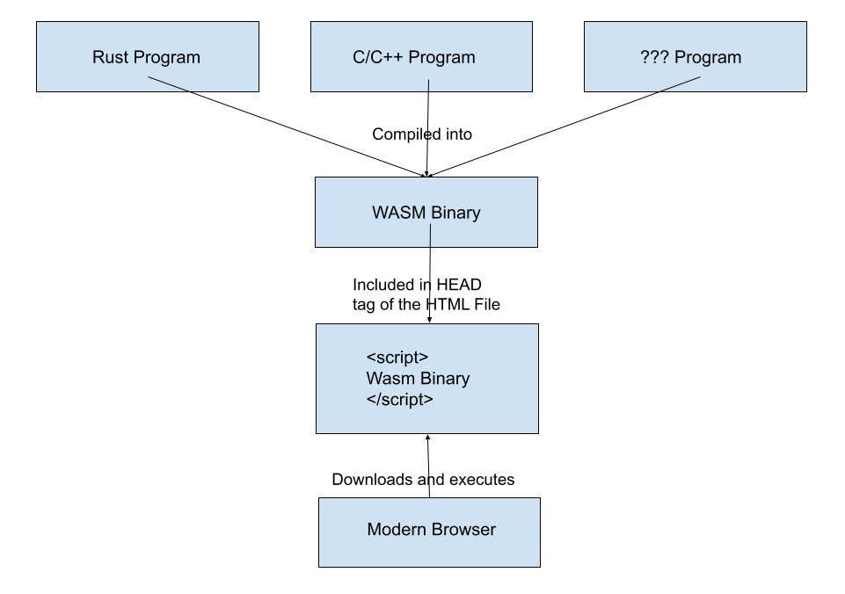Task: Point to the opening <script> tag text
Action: pyautogui.click(x=397, y=359)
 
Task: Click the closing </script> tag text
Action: pyautogui.click(x=400, y=399)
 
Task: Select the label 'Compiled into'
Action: pyautogui.click(x=422, y=134)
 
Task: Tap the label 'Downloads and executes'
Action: pyautogui.click(x=423, y=480)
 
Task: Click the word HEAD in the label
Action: pyautogui.click(x=459, y=285)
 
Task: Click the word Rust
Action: pyautogui.click(x=111, y=58)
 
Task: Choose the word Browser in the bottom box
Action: pyautogui.click(x=463, y=530)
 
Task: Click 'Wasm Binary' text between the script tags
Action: pyautogui.click(x=418, y=379)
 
